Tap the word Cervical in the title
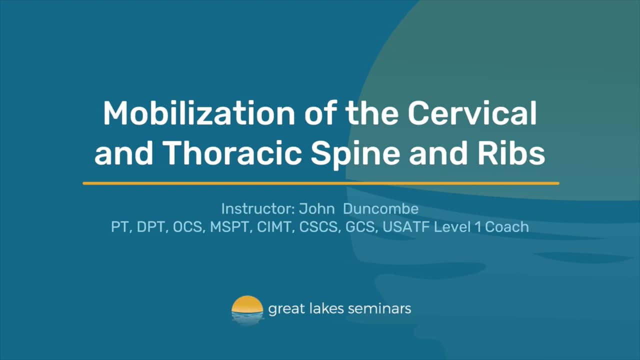pos(472,113)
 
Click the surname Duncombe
pos(383,208)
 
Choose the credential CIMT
pos(274,226)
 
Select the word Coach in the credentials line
pos(507,226)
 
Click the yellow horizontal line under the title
pos(320,183)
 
